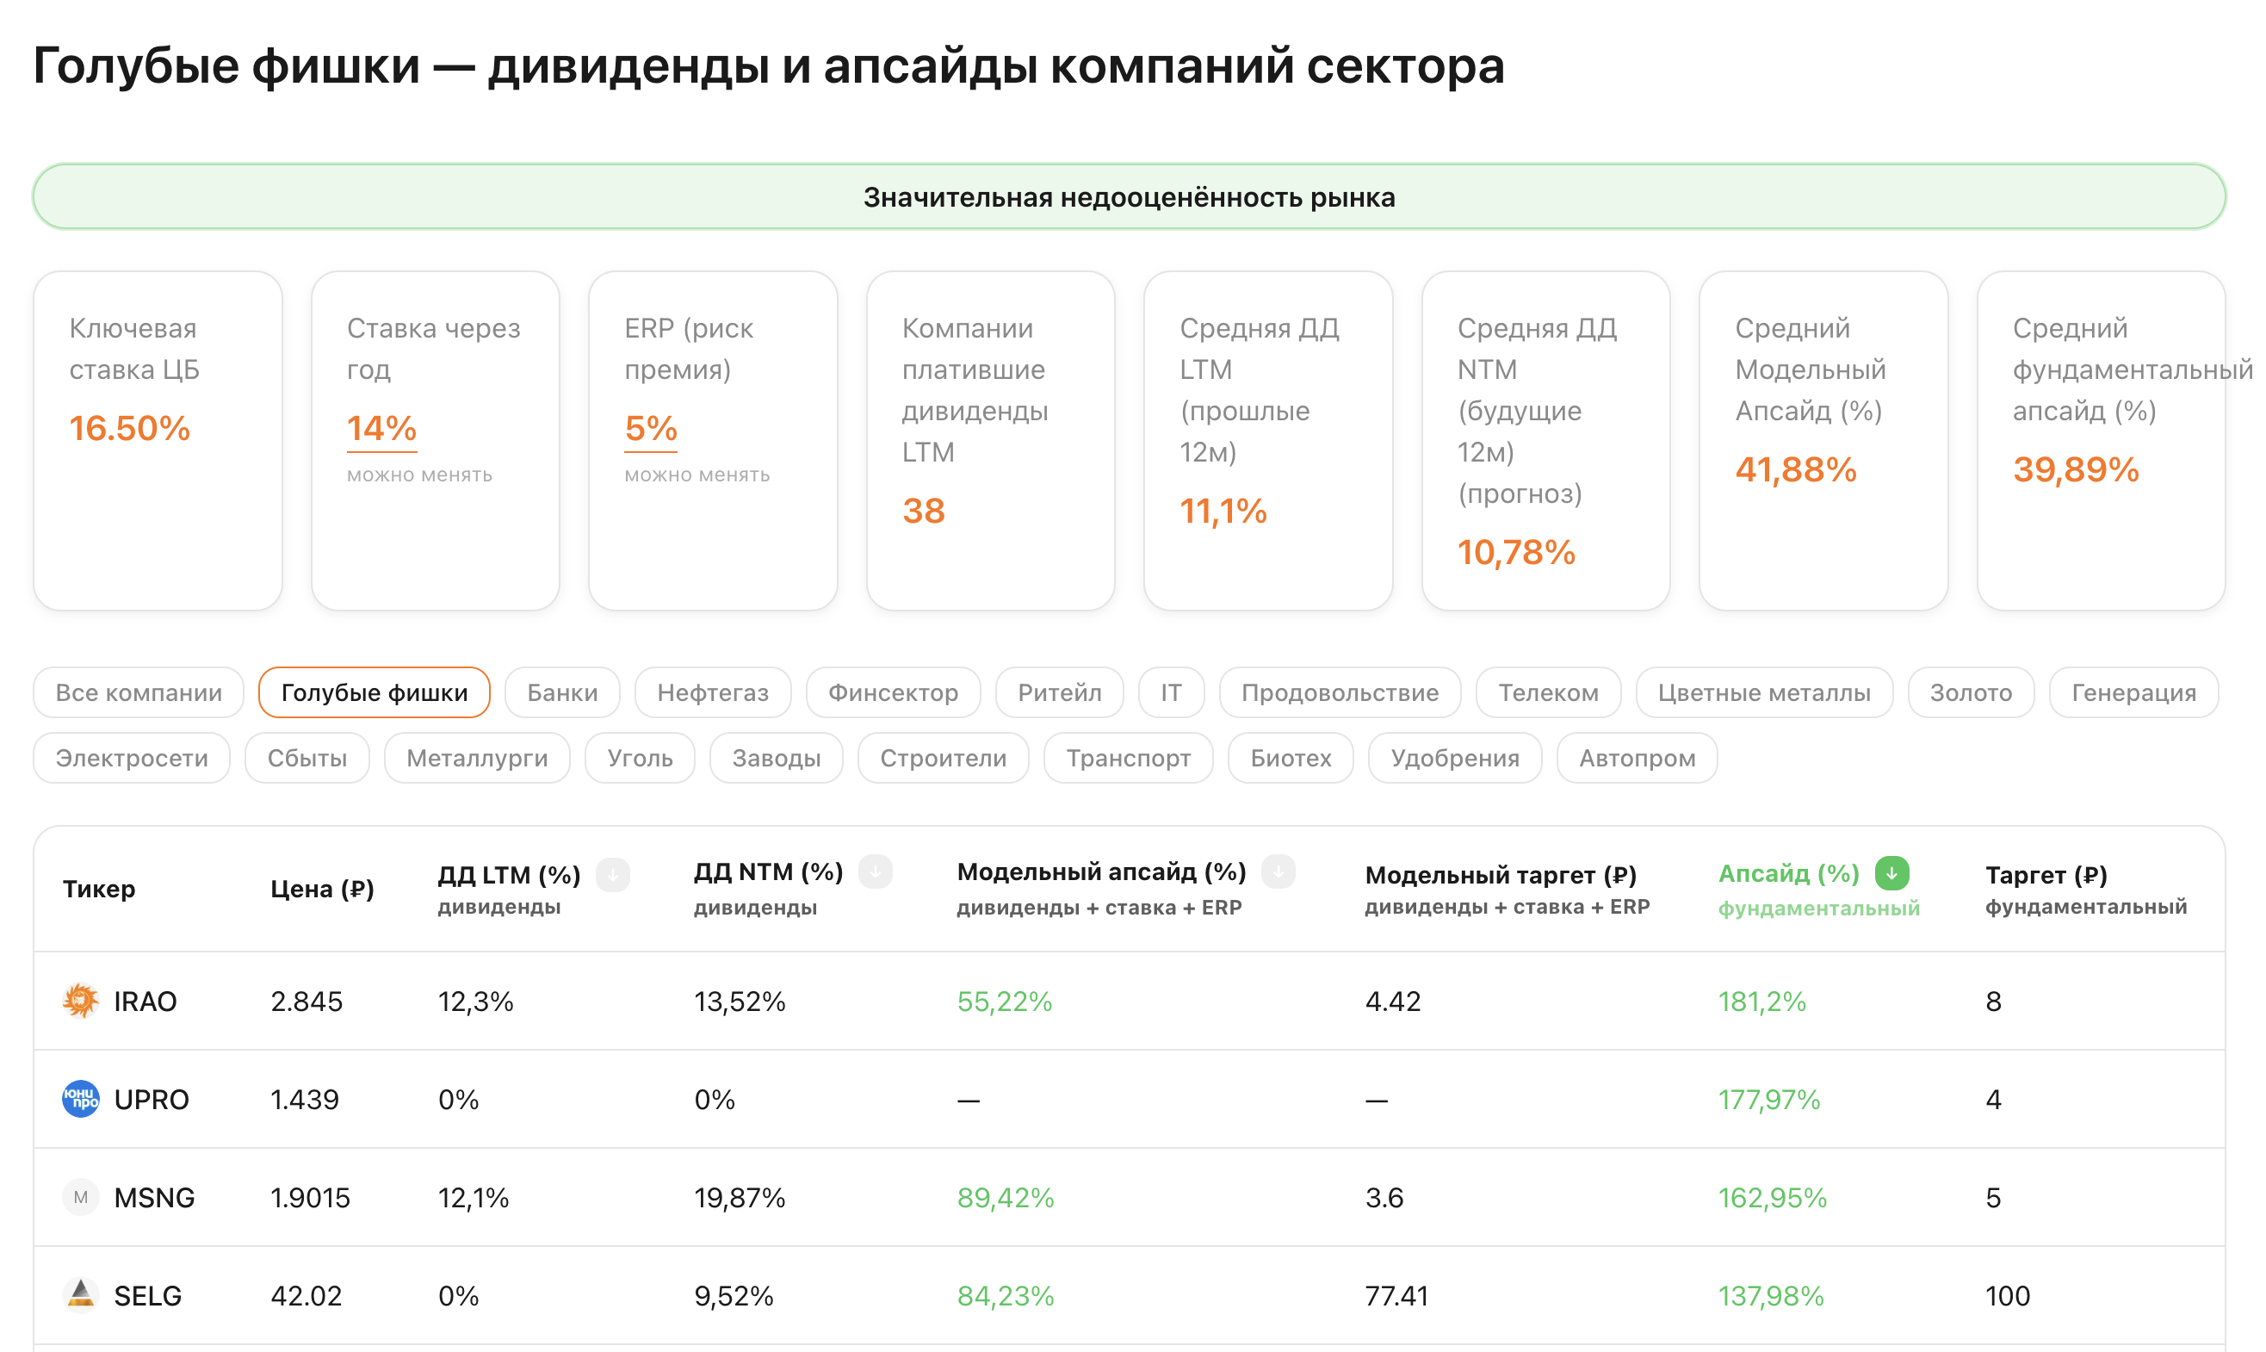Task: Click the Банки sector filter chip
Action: click(562, 692)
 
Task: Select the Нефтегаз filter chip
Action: click(712, 692)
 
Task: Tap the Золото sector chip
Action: click(1970, 692)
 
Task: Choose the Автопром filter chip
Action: click(1637, 758)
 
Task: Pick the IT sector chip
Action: click(1170, 692)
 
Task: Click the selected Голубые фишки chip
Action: click(375, 692)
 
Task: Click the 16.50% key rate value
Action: click(129, 428)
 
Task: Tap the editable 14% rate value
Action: click(381, 428)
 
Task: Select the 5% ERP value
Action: click(650, 428)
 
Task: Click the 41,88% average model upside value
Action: click(1795, 470)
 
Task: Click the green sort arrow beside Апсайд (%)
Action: click(1891, 873)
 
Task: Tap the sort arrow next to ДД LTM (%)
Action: click(613, 875)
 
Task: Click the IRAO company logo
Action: click(80, 1001)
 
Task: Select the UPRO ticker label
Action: click(152, 1100)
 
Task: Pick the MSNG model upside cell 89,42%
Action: click(1006, 1197)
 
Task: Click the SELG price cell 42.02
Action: click(306, 1295)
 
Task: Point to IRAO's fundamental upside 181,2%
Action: click(1761, 1002)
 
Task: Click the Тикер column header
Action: click(98, 889)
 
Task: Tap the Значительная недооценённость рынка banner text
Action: click(1130, 197)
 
